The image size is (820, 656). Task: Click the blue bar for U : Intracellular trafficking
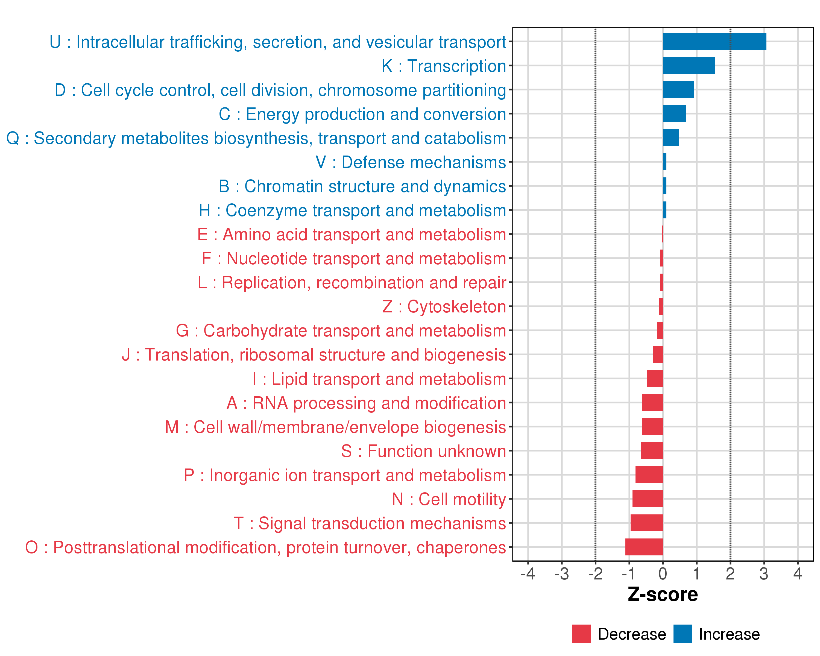pos(714,42)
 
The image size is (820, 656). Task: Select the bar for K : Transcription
pos(689,65)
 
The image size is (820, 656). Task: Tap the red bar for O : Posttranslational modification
pos(644,547)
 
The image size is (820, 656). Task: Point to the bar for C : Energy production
pos(674,114)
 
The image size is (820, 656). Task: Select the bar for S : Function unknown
pos(652,451)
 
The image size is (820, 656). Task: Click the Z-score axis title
pos(663,594)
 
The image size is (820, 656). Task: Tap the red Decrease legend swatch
pos(581,634)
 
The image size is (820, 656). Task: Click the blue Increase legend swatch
pos(682,634)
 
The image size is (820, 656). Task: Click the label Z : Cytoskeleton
pos(444,306)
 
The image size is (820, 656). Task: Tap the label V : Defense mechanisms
pos(411,162)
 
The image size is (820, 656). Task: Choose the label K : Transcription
pos(444,66)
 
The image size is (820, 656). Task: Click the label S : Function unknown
pos(423,451)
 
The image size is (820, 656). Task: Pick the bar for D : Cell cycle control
pos(678,89)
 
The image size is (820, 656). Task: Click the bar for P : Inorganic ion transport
pos(649,475)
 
